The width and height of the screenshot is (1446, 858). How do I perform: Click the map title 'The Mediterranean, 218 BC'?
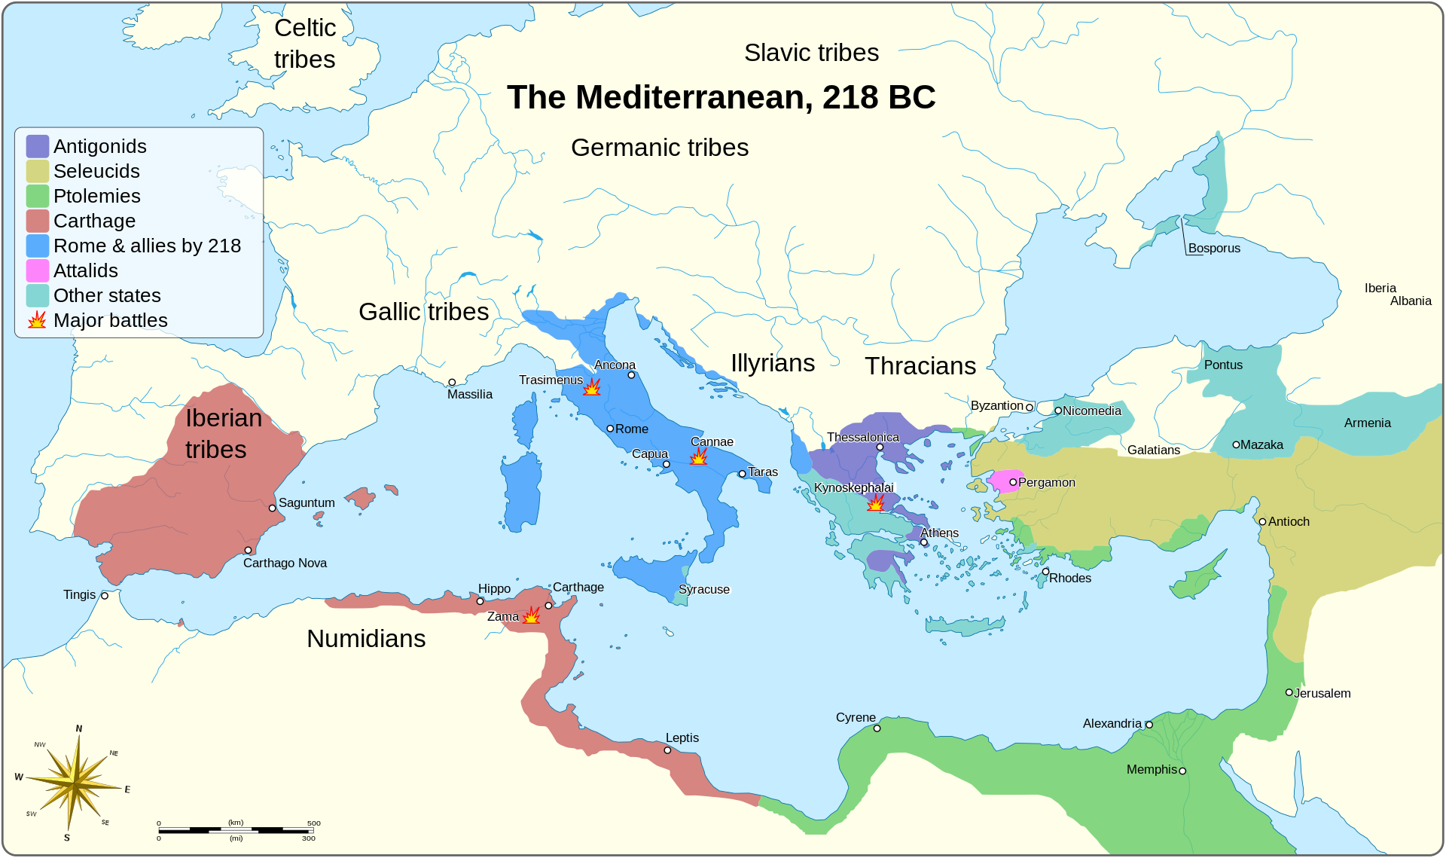(x=721, y=97)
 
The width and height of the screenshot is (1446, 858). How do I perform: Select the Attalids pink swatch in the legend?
(x=38, y=270)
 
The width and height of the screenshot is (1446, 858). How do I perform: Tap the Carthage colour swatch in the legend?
(x=38, y=221)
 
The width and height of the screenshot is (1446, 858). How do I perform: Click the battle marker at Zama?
(x=532, y=615)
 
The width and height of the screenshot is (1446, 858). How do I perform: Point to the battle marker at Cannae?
(x=699, y=456)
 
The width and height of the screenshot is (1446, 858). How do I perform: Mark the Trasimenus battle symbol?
(x=593, y=387)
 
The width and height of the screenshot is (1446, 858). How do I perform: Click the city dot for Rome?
(x=610, y=429)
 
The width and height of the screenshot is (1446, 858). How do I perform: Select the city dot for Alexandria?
(x=1149, y=725)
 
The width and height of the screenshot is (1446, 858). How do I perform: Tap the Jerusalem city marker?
(x=1289, y=692)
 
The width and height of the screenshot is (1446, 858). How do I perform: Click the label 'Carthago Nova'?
(x=285, y=563)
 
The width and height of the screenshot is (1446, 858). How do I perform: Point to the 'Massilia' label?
(x=469, y=394)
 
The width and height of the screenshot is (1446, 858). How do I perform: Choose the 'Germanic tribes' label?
(x=659, y=148)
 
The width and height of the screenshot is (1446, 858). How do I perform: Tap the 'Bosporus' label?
(x=1214, y=248)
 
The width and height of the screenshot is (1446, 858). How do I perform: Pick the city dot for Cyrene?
(x=877, y=728)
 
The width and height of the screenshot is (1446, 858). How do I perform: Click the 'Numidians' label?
(x=366, y=639)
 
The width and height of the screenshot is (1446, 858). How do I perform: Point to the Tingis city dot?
(x=105, y=596)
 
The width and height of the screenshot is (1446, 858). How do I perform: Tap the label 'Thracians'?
(x=920, y=366)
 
